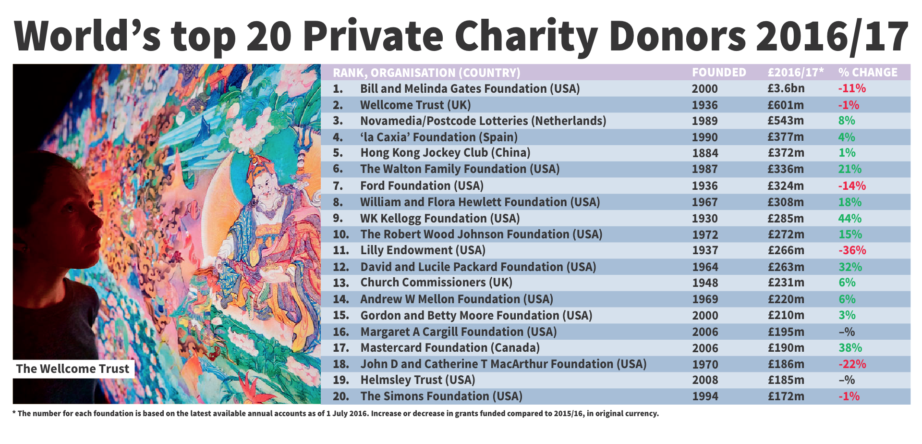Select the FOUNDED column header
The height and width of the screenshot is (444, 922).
click(x=719, y=73)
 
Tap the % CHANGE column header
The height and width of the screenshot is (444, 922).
click(x=868, y=73)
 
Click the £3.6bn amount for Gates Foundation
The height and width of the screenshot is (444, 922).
click(x=786, y=89)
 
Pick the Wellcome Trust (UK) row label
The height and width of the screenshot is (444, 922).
click(x=415, y=105)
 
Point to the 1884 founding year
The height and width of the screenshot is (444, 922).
click(x=705, y=153)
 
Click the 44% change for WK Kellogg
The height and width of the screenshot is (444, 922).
click(x=849, y=219)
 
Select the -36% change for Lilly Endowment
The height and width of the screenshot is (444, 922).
click(x=852, y=250)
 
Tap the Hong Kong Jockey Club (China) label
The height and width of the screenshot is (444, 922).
click(x=445, y=153)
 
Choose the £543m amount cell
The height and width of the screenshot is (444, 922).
click(x=786, y=121)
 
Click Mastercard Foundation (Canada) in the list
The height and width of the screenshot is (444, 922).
click(x=450, y=348)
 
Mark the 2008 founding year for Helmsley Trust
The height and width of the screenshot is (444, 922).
click(x=705, y=380)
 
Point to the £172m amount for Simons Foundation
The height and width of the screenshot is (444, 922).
click(x=786, y=396)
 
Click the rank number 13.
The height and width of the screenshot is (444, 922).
click(x=340, y=283)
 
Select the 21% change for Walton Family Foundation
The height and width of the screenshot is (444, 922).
click(x=849, y=169)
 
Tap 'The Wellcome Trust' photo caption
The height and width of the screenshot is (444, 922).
click(x=73, y=369)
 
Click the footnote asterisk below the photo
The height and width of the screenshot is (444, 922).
click(x=14, y=413)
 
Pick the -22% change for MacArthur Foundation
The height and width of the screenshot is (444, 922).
click(x=852, y=364)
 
